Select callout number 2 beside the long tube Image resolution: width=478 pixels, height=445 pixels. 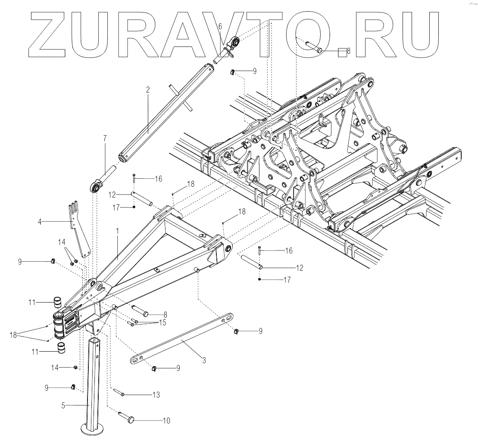(x=147, y=90)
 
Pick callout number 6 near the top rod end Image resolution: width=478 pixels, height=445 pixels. (x=220, y=27)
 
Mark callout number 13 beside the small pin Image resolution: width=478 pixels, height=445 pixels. (x=156, y=394)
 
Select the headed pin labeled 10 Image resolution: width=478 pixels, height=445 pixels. (x=128, y=416)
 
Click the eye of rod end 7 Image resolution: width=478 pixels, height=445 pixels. (x=95, y=187)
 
